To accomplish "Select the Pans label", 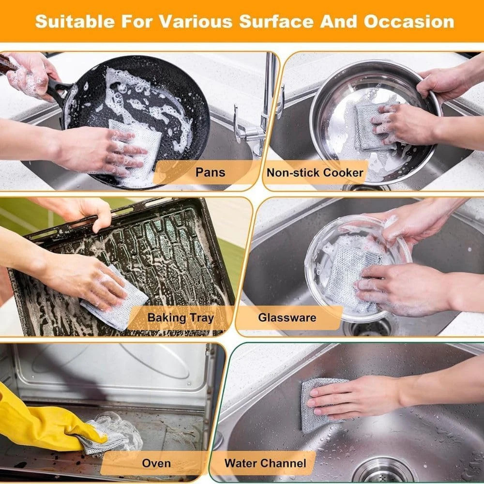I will [x=210, y=172].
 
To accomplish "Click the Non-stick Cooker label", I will [x=315, y=172].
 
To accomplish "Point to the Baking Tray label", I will [x=181, y=318].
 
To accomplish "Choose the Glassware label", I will [x=287, y=318].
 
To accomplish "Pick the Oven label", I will [x=156, y=463].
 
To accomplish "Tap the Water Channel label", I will [x=265, y=463].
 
